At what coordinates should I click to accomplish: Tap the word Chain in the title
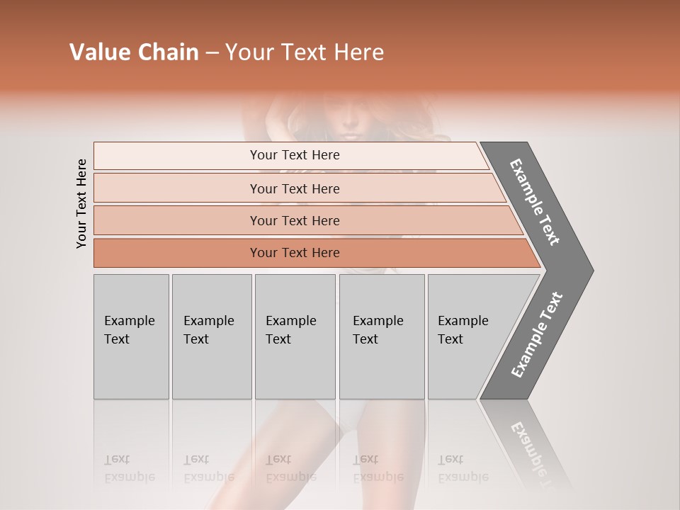(168, 52)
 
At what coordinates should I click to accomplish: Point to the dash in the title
(212, 53)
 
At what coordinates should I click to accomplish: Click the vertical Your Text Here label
(81, 203)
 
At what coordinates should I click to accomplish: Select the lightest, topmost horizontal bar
(295, 155)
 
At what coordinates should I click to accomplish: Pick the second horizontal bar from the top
(295, 188)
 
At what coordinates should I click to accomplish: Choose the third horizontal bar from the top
(295, 220)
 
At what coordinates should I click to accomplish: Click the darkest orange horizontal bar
(295, 253)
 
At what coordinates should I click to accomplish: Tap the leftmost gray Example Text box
(131, 336)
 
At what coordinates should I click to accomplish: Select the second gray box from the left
(211, 336)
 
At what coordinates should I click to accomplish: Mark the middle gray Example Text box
(295, 336)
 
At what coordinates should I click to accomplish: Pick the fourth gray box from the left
(381, 336)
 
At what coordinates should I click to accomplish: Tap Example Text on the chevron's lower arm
(537, 334)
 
